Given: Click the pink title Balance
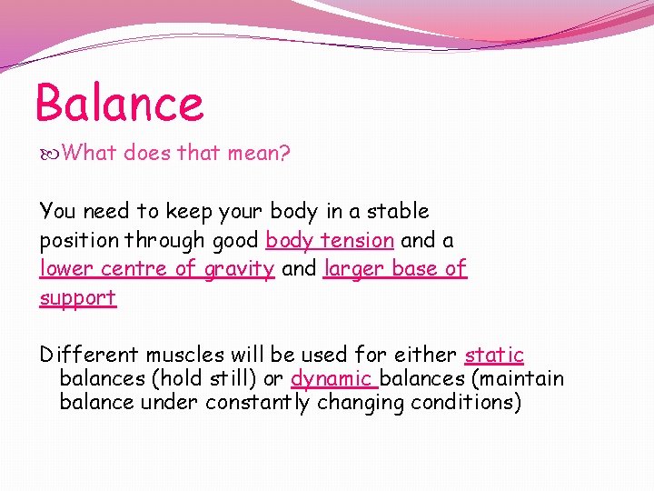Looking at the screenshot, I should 119,102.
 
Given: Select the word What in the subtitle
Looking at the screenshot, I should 89,153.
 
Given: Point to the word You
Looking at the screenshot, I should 58,211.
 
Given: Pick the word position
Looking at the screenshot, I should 78,240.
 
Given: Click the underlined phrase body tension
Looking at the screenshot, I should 330,240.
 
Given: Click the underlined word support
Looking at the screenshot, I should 78,297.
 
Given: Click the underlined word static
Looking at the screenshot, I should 494,355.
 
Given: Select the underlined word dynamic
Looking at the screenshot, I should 332,378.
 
